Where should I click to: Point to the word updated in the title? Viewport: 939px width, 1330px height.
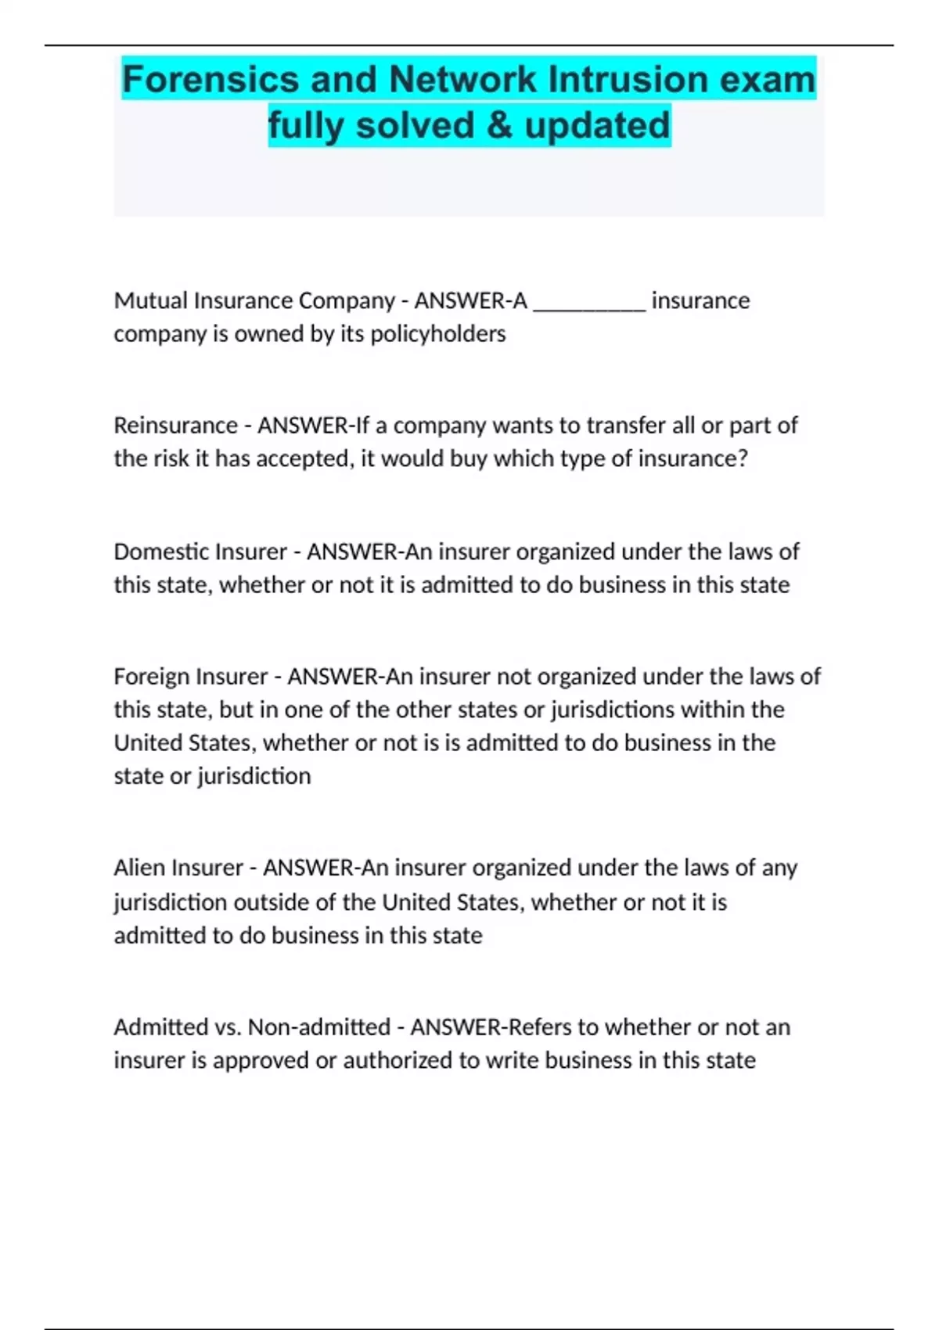pos(597,125)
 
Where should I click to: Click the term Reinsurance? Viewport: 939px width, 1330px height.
pos(175,426)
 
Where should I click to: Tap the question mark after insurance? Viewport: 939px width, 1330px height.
pos(743,458)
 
